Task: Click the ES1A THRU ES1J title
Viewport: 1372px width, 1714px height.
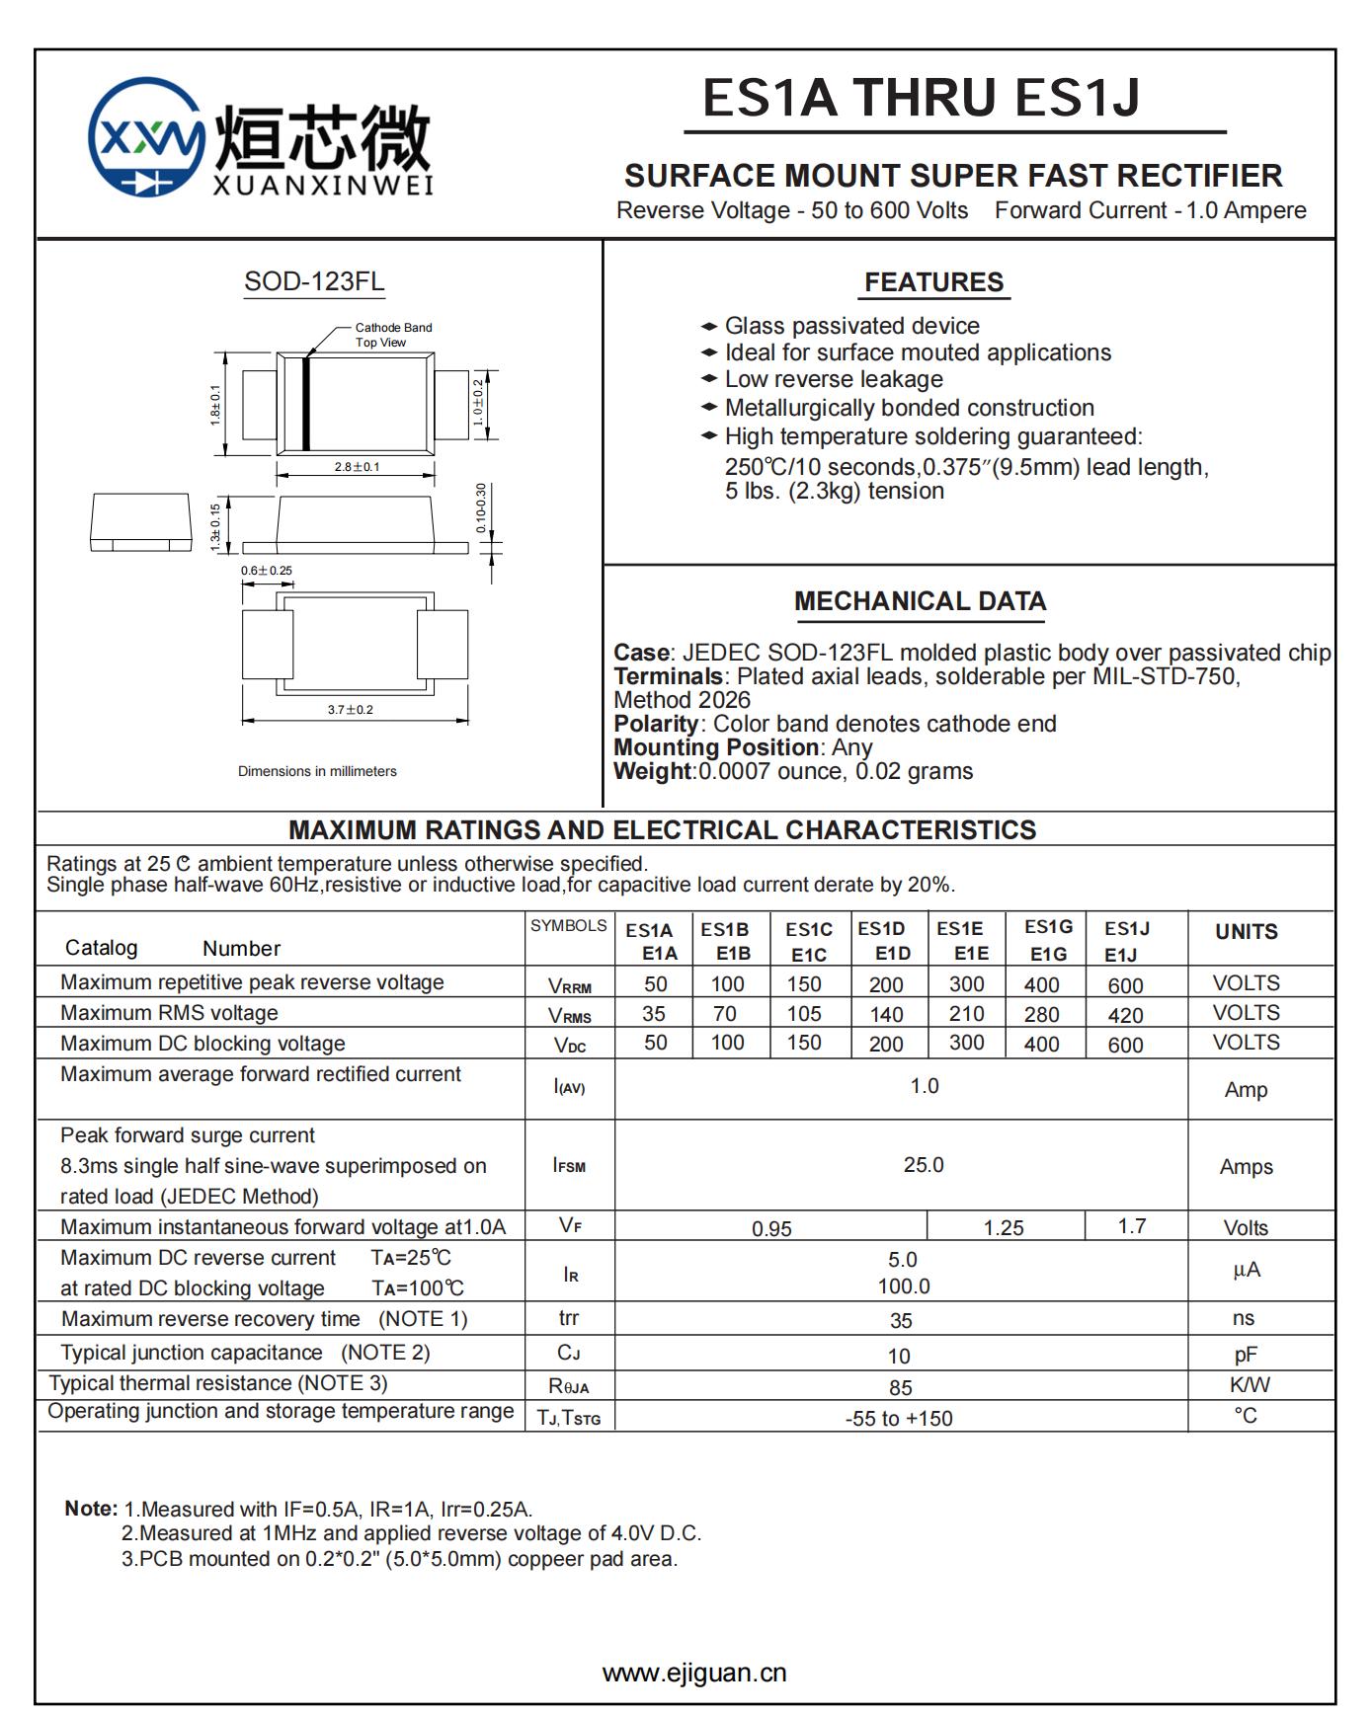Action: pyautogui.click(x=921, y=98)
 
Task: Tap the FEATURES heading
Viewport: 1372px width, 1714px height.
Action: pyautogui.click(x=933, y=282)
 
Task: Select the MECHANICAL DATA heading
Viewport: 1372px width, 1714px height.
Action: pyautogui.click(x=920, y=601)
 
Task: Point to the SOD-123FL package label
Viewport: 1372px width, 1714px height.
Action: pyautogui.click(x=314, y=281)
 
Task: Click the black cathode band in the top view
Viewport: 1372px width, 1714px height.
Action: pyautogui.click(x=306, y=404)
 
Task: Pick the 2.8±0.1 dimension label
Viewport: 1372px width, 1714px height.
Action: pyautogui.click(x=357, y=466)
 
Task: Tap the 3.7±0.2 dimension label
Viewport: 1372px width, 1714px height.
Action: pyautogui.click(x=351, y=709)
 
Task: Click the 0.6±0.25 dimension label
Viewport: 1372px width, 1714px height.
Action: pyautogui.click(x=267, y=571)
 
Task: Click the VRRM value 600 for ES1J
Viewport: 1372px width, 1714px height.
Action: pyautogui.click(x=1125, y=985)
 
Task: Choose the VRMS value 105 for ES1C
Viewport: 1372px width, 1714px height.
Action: pyautogui.click(x=804, y=1014)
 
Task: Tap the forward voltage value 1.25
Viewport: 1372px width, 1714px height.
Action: pyautogui.click(x=1004, y=1227)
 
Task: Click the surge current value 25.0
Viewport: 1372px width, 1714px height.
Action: pyautogui.click(x=924, y=1165)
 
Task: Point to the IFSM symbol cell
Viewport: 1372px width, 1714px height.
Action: pyautogui.click(x=569, y=1165)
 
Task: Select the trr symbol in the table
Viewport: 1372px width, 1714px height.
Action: pyautogui.click(x=569, y=1318)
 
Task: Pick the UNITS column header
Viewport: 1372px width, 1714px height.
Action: pyautogui.click(x=1247, y=931)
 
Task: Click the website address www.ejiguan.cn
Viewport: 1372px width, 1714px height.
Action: pyautogui.click(x=694, y=1673)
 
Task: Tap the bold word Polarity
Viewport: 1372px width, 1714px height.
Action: pyautogui.click(x=656, y=724)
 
